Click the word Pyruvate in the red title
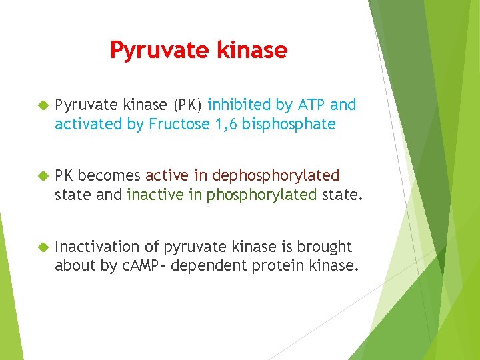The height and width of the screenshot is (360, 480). click(153, 51)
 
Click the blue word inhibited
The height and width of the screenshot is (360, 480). click(238, 105)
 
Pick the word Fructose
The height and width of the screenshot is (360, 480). click(178, 124)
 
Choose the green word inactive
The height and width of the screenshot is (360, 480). click(152, 195)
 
